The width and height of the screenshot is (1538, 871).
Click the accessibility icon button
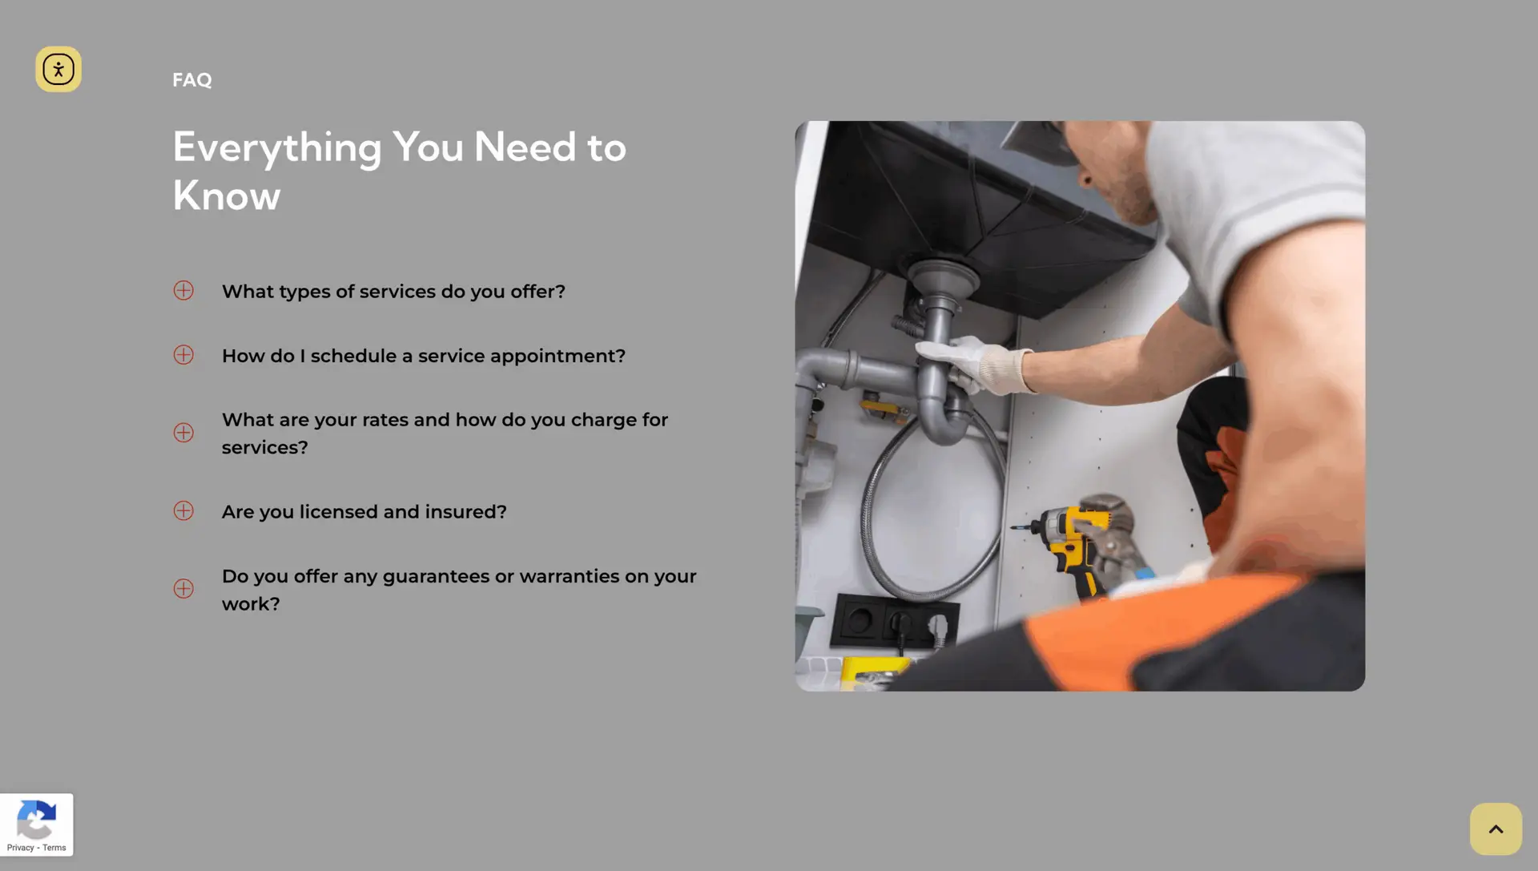[x=58, y=69]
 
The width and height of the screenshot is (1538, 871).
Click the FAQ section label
[x=192, y=80]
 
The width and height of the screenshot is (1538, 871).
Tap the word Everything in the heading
[x=277, y=148]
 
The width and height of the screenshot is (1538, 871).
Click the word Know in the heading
[x=227, y=196]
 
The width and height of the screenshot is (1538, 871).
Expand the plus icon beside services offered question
[x=183, y=290]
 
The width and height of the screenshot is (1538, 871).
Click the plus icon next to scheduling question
[x=183, y=354]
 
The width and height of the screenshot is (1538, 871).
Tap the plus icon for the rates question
[x=183, y=433]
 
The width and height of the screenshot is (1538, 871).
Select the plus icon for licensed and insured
[x=183, y=510]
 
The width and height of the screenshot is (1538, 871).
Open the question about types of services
[x=393, y=292]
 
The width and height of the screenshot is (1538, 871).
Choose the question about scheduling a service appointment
[x=424, y=356]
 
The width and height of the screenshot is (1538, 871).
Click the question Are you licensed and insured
[x=364, y=512]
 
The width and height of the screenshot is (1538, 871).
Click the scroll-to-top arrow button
[x=1496, y=829]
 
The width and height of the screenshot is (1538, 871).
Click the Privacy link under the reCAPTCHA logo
[x=20, y=848]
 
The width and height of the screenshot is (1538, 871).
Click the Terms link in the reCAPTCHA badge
[x=54, y=848]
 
